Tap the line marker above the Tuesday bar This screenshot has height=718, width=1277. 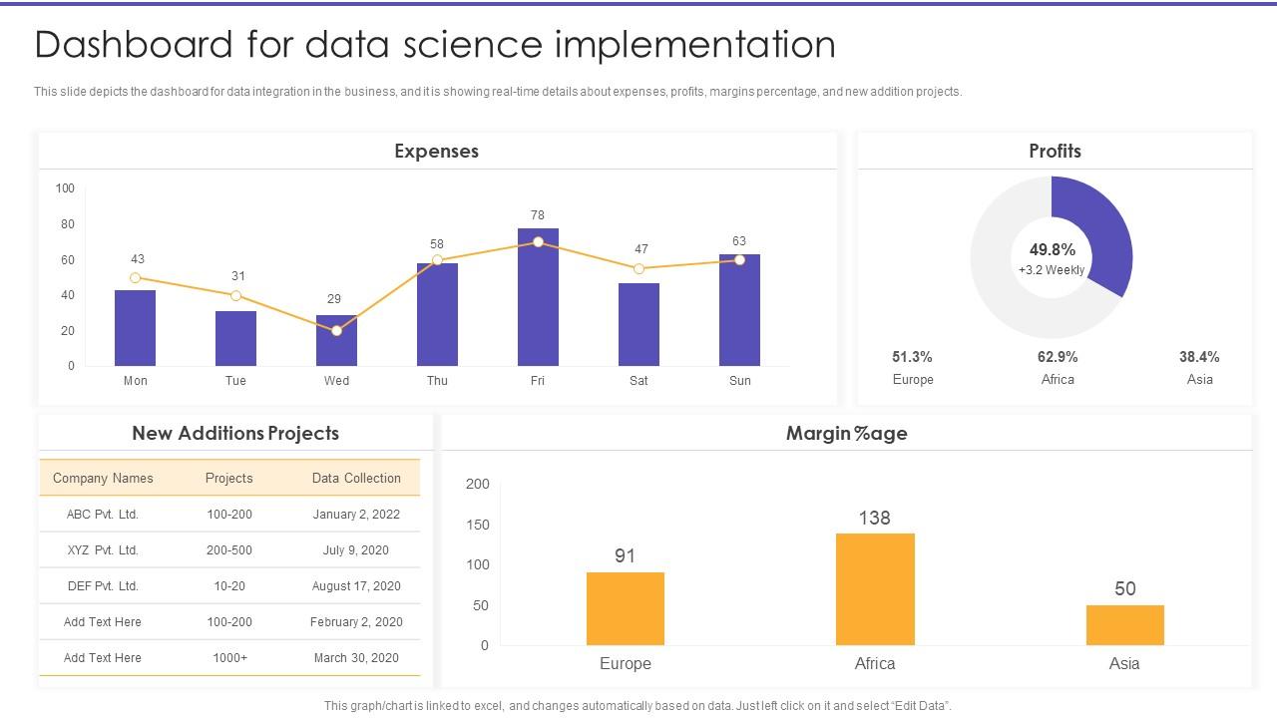coord(235,296)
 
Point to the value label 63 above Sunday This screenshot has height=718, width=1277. coord(739,241)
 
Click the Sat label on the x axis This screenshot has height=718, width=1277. coord(638,381)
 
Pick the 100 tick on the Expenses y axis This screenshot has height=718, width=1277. coord(65,188)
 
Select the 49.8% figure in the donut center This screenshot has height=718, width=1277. coord(1053,250)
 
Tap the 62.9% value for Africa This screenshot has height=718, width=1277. coord(1058,357)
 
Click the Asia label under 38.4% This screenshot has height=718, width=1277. coord(1199,380)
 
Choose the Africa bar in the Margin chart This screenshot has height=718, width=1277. coord(875,589)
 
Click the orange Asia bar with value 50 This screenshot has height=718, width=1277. coord(1124,625)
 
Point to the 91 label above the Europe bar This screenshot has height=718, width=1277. coord(626,555)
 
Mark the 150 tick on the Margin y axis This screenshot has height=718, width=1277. coord(478,525)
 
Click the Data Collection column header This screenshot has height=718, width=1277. coord(356,479)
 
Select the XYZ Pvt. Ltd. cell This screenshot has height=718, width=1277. coord(103,550)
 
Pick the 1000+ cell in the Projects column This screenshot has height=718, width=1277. coord(229,658)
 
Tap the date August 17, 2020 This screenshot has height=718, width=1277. coord(356,586)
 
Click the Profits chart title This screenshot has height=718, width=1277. coord(1055,152)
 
